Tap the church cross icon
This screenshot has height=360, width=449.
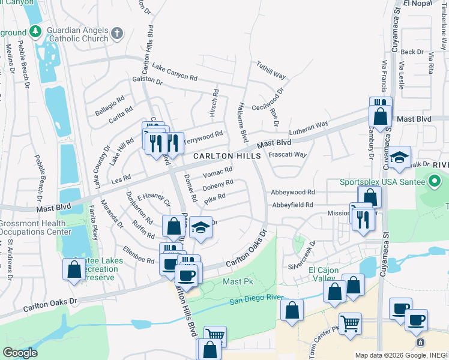point(118,33)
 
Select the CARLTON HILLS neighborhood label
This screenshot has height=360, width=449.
point(227,156)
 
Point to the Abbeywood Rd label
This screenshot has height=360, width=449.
point(293,193)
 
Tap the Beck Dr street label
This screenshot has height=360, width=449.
point(412,52)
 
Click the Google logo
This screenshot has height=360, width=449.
point(19,353)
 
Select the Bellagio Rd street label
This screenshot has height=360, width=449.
point(109,104)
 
